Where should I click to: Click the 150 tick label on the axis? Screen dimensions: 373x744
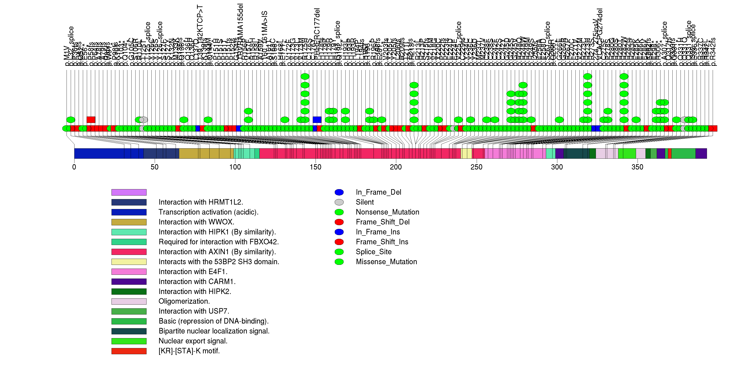(x=315, y=167)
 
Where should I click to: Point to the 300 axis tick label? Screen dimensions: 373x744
(x=557, y=167)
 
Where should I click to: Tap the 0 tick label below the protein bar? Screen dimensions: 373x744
(x=74, y=167)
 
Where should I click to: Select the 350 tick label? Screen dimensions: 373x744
(x=637, y=167)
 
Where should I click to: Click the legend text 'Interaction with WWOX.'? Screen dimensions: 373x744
(x=196, y=222)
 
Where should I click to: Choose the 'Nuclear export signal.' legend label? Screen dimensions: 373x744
(x=193, y=341)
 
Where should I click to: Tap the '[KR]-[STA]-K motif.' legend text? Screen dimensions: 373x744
(x=189, y=351)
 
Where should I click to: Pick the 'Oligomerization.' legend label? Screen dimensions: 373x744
(x=184, y=301)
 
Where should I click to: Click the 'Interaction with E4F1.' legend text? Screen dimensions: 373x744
(x=193, y=272)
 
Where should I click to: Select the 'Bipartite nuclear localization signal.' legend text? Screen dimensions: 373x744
(x=214, y=331)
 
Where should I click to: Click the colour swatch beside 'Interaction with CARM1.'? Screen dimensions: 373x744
(x=129, y=282)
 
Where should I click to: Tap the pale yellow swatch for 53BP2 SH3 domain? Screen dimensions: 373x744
(x=129, y=262)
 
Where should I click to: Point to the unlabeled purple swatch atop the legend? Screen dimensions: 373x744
(x=129, y=192)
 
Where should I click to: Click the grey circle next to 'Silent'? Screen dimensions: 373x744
(x=339, y=202)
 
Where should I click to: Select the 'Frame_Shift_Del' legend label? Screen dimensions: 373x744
(x=383, y=222)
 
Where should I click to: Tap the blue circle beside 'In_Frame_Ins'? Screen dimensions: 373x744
(x=339, y=232)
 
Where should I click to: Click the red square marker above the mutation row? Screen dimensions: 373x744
(x=91, y=120)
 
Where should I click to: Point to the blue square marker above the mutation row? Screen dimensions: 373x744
(x=317, y=120)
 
